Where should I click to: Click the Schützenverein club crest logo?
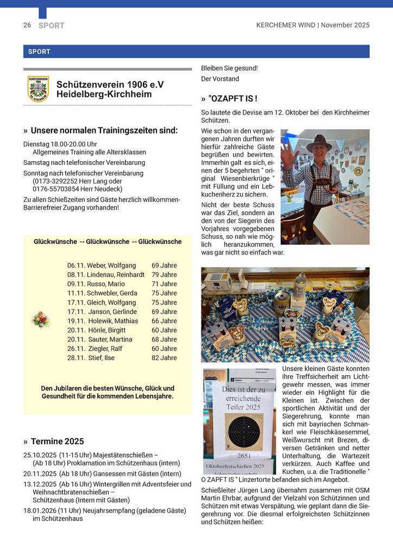pos(38,89)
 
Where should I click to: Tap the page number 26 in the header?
pos(27,25)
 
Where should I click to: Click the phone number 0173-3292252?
pos(55,181)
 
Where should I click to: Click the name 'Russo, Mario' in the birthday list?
pos(105,284)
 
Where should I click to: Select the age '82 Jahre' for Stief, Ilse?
pos(164,358)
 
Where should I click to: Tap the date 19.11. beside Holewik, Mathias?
pos(77,321)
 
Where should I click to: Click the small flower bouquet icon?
pos(41,319)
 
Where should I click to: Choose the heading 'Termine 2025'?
pos(57,441)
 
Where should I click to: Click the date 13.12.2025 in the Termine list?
pos(40,484)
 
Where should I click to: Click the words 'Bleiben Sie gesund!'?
pos(229,68)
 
